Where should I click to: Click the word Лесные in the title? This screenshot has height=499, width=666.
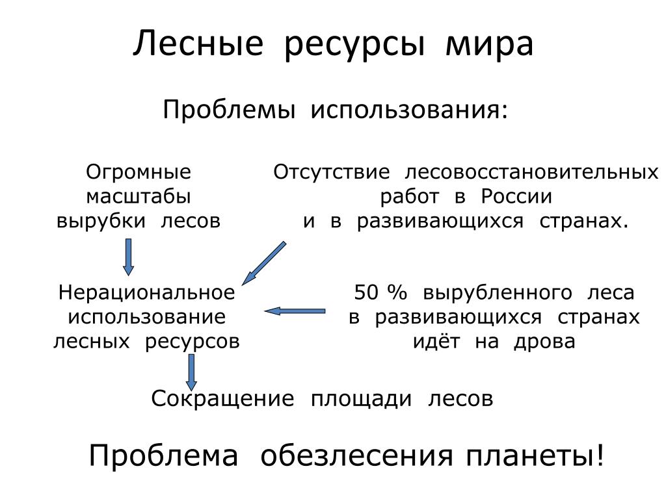point(198,44)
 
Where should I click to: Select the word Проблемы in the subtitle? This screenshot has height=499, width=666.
point(229,110)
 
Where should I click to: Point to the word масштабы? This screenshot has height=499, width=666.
point(139,196)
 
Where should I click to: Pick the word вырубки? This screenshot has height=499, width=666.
point(101,221)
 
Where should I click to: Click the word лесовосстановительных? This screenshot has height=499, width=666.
point(531,172)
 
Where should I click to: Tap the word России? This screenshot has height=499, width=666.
point(516,196)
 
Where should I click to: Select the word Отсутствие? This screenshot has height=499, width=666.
point(331,172)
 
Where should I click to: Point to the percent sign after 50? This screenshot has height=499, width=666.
point(397,293)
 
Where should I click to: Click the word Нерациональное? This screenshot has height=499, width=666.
point(146,293)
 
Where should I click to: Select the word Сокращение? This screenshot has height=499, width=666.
point(222,400)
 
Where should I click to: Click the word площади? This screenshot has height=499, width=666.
point(361,400)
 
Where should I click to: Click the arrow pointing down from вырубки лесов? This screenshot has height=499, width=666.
point(128,257)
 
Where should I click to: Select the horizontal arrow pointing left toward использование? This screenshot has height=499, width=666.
point(295,311)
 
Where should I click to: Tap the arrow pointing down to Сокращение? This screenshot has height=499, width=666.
point(192,372)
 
